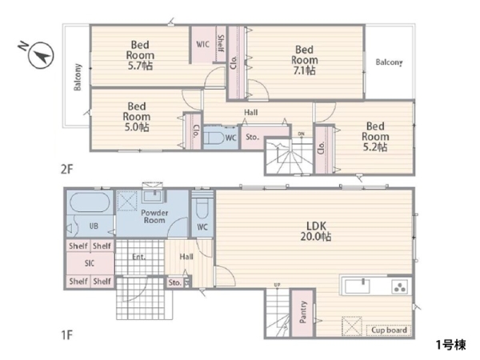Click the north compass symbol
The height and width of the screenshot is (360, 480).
tap(41, 55)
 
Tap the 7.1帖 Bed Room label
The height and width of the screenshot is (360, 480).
tap(304, 60)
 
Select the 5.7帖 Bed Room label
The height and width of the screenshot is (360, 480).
tap(140, 55)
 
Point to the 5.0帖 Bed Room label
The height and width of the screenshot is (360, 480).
tap(137, 117)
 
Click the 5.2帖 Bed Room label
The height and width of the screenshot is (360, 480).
tap(375, 137)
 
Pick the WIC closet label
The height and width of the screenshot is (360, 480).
tap(202, 44)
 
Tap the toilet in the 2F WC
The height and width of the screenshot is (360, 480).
tap(214, 137)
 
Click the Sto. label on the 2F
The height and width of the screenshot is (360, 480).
tap(252, 137)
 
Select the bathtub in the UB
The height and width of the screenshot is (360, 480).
tap(90, 202)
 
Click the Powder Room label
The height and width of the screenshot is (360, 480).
tap(154, 217)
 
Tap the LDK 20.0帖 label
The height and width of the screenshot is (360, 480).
tap(316, 231)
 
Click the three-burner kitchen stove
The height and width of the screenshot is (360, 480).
tap(399, 287)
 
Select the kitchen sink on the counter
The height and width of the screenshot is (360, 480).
tap(357, 286)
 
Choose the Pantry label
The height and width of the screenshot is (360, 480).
tap(302, 312)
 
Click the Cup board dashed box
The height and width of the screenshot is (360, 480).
tap(389, 330)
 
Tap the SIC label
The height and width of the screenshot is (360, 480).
tap(90, 263)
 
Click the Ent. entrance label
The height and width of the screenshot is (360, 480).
tap(138, 257)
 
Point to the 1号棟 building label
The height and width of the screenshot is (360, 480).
tap(450, 345)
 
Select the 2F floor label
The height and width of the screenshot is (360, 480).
tap(67, 169)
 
